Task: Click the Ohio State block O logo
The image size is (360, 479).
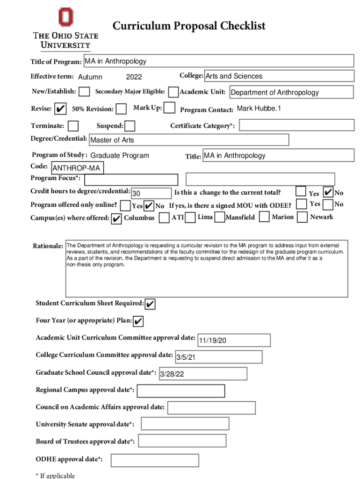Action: (66, 17)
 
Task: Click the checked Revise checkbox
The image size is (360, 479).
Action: (60, 109)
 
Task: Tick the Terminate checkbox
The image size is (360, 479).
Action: (73, 126)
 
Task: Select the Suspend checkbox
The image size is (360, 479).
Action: (130, 126)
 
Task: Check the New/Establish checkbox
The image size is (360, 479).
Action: (85, 92)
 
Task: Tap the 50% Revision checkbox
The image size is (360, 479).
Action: (121, 109)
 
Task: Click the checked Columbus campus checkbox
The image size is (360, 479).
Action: (117, 218)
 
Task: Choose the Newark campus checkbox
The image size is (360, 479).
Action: (302, 217)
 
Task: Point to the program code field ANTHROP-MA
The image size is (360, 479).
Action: (77, 168)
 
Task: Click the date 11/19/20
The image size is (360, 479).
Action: (234, 340)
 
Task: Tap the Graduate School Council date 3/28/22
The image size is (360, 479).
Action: (202, 374)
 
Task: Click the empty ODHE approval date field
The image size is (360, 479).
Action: (155, 460)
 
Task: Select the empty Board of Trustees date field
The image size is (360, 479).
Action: (182, 441)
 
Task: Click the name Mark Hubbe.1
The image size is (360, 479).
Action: (259, 109)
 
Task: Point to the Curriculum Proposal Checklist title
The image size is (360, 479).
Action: (189, 26)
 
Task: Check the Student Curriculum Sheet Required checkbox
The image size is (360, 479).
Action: (150, 304)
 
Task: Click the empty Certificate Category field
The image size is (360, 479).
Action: (297, 125)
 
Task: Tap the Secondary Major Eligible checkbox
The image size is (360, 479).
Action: (173, 92)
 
